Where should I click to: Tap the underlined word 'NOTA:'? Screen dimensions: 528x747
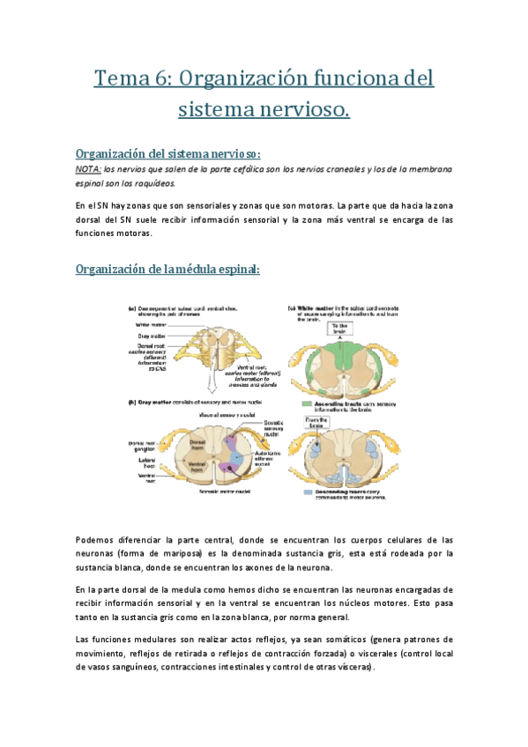pos(88,168)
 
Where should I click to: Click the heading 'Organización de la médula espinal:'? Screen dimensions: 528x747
pos(168,268)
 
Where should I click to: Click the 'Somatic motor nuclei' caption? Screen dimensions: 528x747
pos(214,490)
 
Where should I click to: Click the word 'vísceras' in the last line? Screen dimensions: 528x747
pos(352,668)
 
